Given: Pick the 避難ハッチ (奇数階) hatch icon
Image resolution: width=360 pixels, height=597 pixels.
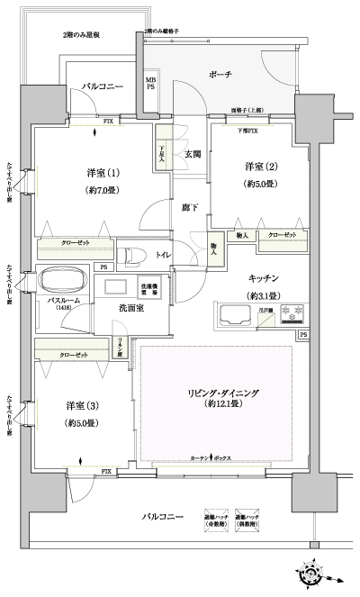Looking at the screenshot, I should [x=214, y=518].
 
